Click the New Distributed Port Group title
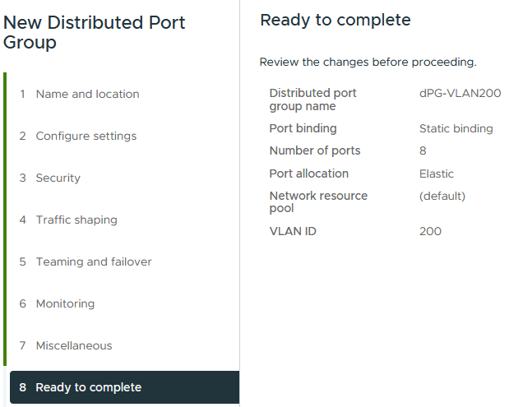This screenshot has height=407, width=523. [x=94, y=33]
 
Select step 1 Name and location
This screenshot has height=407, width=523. [x=87, y=94]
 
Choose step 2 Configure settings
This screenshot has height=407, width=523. [x=86, y=136]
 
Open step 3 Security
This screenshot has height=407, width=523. [x=58, y=178]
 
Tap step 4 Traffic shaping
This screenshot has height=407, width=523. [x=76, y=220]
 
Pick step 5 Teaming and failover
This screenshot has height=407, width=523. [x=93, y=261]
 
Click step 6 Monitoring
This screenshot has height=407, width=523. [x=65, y=303]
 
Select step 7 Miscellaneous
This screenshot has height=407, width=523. [x=73, y=345]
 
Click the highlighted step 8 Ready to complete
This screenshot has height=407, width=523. [x=88, y=387]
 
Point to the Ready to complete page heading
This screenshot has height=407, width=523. [x=335, y=20]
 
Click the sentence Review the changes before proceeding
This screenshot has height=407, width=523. [x=368, y=62]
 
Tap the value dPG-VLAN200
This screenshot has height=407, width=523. [x=460, y=94]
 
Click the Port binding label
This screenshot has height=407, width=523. [x=303, y=128]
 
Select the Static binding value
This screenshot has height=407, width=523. [x=456, y=128]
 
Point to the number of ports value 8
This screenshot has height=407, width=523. [x=423, y=150]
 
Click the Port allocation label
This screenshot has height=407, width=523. [x=308, y=173]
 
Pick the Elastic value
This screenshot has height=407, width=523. [x=436, y=173]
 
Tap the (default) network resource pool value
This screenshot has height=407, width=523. [x=442, y=196]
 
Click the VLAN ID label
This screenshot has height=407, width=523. [x=292, y=231]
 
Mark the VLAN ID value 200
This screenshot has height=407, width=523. [x=430, y=231]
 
